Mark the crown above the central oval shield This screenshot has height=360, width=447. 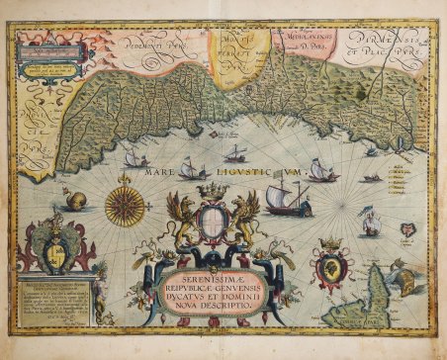[217, 192]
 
